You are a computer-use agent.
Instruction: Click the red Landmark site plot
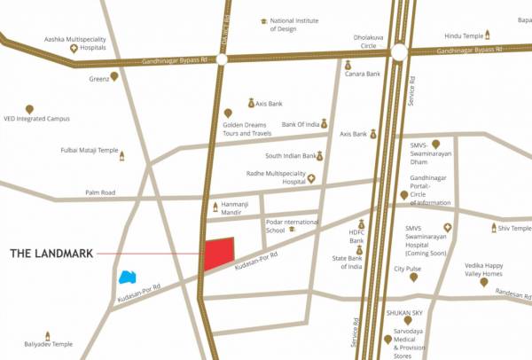218,254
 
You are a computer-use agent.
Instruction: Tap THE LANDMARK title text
51,254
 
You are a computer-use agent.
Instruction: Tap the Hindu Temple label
462,35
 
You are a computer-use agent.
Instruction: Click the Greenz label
98,78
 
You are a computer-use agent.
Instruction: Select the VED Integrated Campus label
35,118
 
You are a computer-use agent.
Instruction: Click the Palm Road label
100,192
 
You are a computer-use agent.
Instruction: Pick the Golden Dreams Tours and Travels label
246,129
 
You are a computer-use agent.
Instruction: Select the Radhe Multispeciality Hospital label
275,178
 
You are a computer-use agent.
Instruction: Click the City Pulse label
408,269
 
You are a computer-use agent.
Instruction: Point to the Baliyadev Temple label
49,344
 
